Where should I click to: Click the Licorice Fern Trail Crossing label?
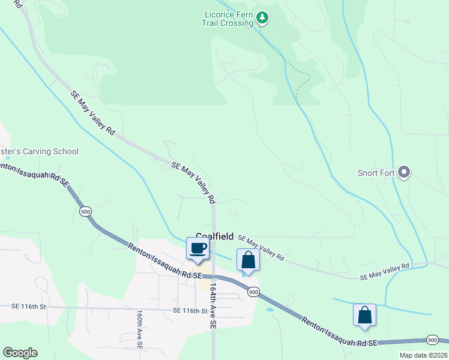pyautogui.click(x=228, y=19)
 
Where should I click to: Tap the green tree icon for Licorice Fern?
pyautogui.click(x=262, y=18)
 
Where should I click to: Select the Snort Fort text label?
pyautogui.click(x=375, y=173)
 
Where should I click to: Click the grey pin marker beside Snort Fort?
pyautogui.click(x=404, y=173)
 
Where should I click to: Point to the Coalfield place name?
pyautogui.click(x=214, y=237)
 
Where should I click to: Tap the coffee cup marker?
pyautogui.click(x=197, y=248)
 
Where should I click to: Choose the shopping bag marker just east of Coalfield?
pyautogui.click(x=248, y=260)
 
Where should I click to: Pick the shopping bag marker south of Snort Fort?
pyautogui.click(x=364, y=316)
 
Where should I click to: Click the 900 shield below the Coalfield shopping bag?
pyautogui.click(x=253, y=291)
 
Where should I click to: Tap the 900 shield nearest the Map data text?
pyautogui.click(x=432, y=340)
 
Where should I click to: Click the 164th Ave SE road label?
pyautogui.click(x=213, y=305)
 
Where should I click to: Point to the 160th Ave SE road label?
pyautogui.click(x=139, y=329)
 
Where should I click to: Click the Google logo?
pyautogui.click(x=20, y=353)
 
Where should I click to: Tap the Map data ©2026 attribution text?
pyautogui.click(x=423, y=355)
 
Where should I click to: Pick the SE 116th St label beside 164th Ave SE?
pyautogui.click(x=190, y=311)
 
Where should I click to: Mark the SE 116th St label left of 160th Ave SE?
pyautogui.click(x=28, y=307)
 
